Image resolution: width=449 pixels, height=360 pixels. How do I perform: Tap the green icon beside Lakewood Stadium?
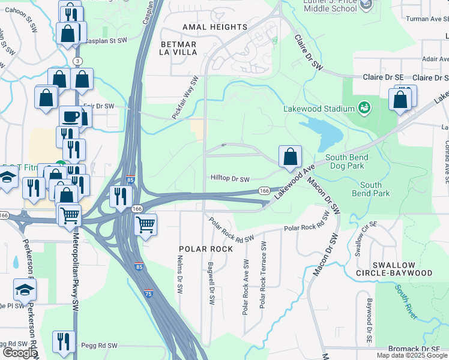364,109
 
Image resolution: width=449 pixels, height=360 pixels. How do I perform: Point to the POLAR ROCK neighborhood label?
205,248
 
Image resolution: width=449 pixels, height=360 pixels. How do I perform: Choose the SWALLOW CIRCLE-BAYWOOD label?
402,269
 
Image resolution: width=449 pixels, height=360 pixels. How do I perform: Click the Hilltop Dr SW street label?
230,178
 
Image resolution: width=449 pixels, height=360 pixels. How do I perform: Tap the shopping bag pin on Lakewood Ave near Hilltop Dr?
290,157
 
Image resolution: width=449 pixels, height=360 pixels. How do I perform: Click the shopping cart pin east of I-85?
146,225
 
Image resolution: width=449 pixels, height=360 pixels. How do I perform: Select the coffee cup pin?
71,116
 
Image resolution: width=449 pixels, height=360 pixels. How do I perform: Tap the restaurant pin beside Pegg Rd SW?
64,341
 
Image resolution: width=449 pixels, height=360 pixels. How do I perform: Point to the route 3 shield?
77,61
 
